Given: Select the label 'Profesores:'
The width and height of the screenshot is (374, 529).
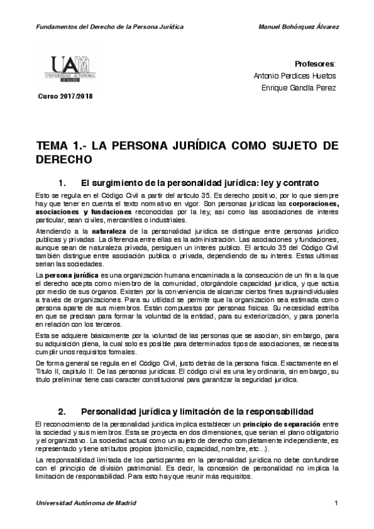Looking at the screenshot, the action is pos(315,64).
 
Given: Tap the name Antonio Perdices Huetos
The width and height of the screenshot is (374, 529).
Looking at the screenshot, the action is pos(295,76).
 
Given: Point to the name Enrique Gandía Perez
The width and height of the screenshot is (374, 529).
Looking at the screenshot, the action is pos(298,88).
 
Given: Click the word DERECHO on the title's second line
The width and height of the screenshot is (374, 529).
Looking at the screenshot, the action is pos(64,159).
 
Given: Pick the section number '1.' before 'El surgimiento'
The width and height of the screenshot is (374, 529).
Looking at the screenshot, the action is pos(62,184).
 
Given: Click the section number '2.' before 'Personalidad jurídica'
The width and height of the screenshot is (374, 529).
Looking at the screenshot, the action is pos(62,411).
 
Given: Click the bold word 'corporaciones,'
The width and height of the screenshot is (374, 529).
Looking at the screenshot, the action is pos(310,204).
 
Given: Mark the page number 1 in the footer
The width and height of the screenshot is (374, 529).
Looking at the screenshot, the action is pos(336,503).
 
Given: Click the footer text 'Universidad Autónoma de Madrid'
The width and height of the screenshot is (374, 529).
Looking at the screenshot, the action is pos(86,503).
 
